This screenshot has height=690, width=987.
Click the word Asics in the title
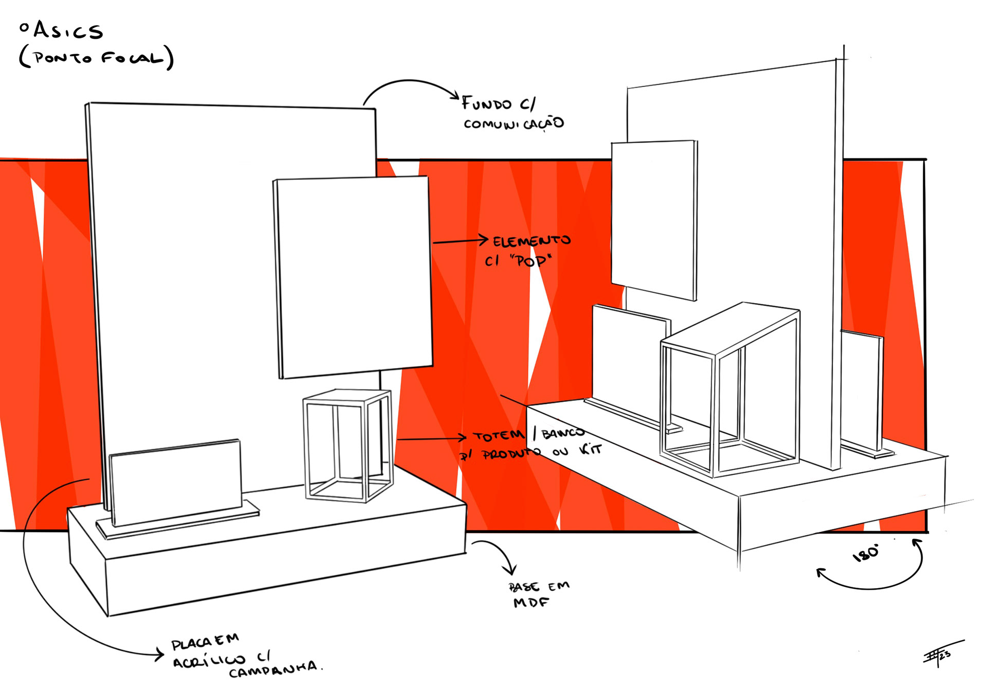(x=68, y=31)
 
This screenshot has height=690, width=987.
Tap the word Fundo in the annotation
(x=486, y=103)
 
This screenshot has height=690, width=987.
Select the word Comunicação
(x=514, y=124)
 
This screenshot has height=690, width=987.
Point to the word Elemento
(x=532, y=241)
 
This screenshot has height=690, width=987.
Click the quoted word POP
(x=531, y=261)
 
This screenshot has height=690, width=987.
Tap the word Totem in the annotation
(x=498, y=436)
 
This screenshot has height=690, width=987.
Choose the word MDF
(x=531, y=602)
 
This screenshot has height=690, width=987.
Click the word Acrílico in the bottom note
(x=209, y=661)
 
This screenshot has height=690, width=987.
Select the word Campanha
(x=273, y=670)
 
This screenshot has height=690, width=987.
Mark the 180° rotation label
(x=866, y=554)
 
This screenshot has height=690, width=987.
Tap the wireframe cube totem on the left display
(x=349, y=445)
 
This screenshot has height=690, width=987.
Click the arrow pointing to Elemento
(x=460, y=240)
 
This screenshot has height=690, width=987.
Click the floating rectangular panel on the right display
(x=653, y=219)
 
